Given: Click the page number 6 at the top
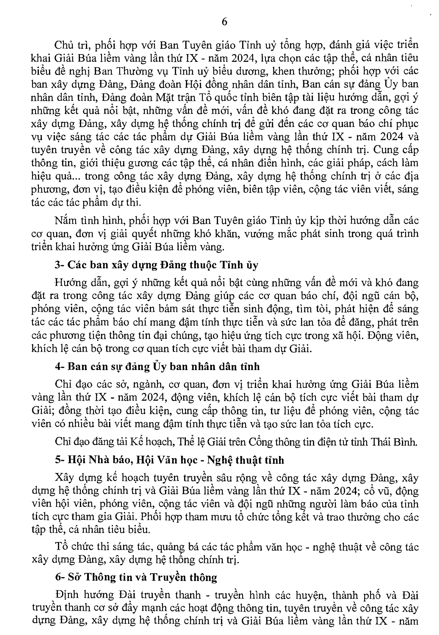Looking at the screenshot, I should click(x=224, y=22).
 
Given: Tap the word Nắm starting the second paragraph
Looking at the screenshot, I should click(x=63, y=220).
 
